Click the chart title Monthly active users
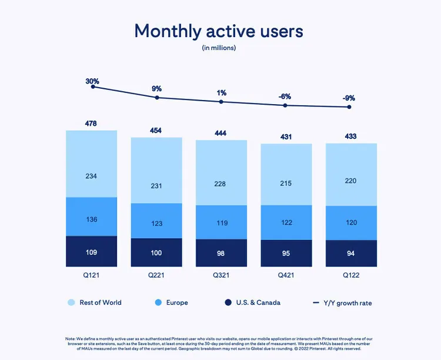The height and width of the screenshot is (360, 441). tap(219, 31)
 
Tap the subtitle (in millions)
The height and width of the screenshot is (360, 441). tap(219, 48)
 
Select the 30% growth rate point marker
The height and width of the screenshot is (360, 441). tap(93, 86)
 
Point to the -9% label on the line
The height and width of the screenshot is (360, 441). tap(349, 98)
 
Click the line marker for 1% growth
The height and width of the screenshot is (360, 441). tap(221, 102)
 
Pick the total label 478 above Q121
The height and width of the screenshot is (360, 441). tap(91, 124)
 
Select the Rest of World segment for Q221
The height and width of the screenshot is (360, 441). tap(156, 170)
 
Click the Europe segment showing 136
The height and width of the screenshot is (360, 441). tap(91, 216)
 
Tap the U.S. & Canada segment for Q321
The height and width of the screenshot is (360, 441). tap(221, 253)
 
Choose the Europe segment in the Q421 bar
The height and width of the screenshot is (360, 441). tap(286, 222)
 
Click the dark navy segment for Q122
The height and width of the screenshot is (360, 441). tap(351, 254)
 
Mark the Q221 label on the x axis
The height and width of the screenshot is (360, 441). tap(156, 275)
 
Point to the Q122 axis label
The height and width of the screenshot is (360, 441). tap(351, 275)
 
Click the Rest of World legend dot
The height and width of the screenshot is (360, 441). tap(71, 302)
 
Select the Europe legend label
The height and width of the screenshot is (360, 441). tap(177, 302)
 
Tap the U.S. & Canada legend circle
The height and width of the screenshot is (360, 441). tap(228, 302)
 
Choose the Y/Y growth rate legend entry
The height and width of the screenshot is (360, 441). tap(342, 303)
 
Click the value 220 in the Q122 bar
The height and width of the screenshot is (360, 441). tap(350, 181)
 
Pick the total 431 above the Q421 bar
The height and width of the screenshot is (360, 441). tap(286, 137)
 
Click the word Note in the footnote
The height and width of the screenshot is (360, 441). tap(70, 339)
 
